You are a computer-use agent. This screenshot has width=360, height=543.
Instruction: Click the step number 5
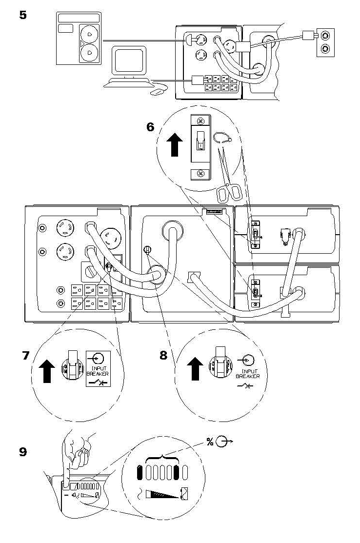(x=23, y=15)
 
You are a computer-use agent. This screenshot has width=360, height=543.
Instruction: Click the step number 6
(x=150, y=127)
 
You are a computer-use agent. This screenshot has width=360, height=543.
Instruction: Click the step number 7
(x=26, y=356)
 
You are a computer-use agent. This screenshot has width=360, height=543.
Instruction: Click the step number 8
(x=163, y=355)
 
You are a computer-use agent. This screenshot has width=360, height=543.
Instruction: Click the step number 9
(x=23, y=452)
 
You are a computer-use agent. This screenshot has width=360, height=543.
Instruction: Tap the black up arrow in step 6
(x=175, y=145)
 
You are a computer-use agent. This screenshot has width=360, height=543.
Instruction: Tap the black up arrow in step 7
(x=47, y=371)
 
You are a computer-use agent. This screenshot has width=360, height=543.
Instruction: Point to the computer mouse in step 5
(x=159, y=92)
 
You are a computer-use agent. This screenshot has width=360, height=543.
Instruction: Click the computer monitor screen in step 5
(x=129, y=60)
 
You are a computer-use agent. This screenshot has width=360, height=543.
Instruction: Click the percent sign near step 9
(x=210, y=442)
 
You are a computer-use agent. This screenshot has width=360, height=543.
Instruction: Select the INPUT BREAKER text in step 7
(x=98, y=371)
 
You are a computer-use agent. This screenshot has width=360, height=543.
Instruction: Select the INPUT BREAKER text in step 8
(x=247, y=374)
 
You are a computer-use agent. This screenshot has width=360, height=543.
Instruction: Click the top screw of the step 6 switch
(x=200, y=121)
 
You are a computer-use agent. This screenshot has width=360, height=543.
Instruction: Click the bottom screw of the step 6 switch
(x=200, y=174)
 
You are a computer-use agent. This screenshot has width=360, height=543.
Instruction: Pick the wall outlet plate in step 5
(x=325, y=42)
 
